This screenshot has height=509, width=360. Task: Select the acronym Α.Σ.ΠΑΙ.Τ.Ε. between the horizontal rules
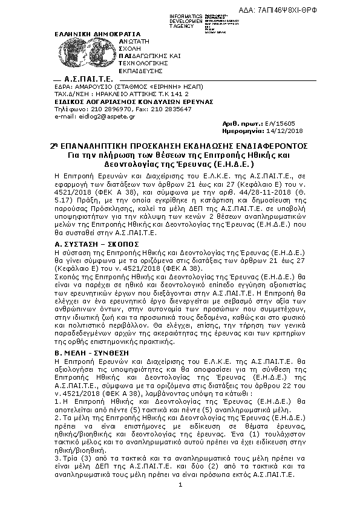click(x=89, y=80)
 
